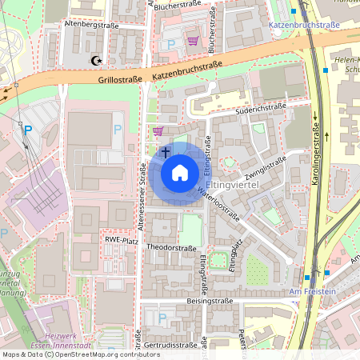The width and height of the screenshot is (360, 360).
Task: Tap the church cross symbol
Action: [166, 150]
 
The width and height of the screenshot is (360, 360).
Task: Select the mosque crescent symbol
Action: [98, 60]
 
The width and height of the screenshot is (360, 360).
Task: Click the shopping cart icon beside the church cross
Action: [158, 131]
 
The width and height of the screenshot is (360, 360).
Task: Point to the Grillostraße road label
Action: [120, 80]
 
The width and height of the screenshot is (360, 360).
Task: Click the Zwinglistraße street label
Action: [266, 168]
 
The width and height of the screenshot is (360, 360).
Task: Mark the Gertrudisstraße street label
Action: [171, 345]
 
